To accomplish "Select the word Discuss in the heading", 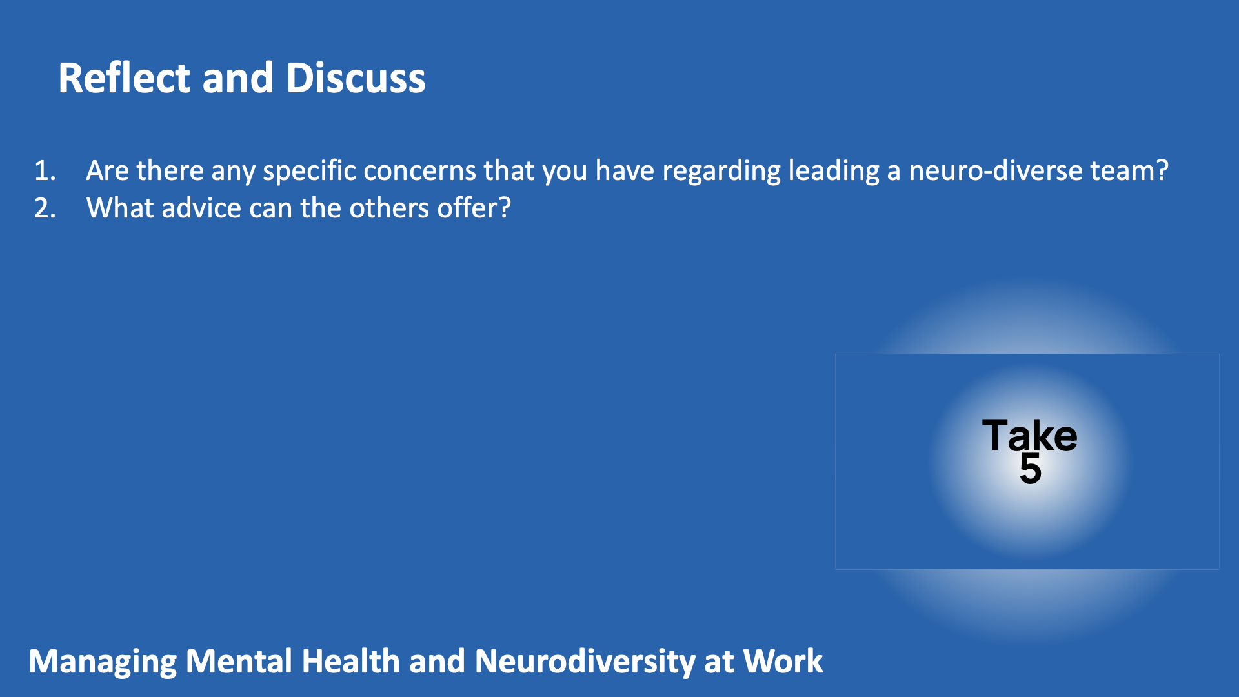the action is pos(356,78).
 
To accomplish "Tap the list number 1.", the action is pos(45,171).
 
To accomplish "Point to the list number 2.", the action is pos(45,208).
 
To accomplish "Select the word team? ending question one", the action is pos(1129,171).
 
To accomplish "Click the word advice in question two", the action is pos(201,208).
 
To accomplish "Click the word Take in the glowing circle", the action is pos(1029,436).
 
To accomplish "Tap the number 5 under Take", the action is pos(1031,469).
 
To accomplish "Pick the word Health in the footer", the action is pos(351,662).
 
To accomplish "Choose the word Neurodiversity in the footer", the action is pos(584,663).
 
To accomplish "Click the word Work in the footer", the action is pos(783,662).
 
